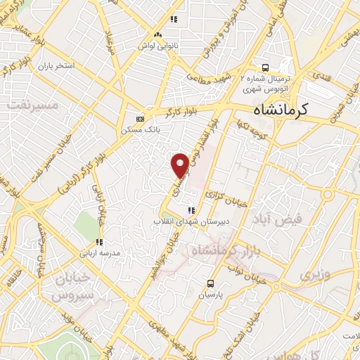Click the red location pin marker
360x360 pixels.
click(181, 164)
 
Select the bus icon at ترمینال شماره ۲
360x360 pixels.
click(264, 68)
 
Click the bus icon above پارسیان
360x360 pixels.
click(210, 283)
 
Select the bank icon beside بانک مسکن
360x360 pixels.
click(139, 119)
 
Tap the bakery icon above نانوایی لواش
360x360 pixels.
click(157, 35)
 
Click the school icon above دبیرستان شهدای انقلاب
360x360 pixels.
click(191, 210)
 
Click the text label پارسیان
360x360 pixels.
click(209, 295)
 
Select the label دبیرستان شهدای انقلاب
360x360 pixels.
click(188, 221)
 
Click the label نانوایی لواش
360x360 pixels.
click(158, 46)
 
